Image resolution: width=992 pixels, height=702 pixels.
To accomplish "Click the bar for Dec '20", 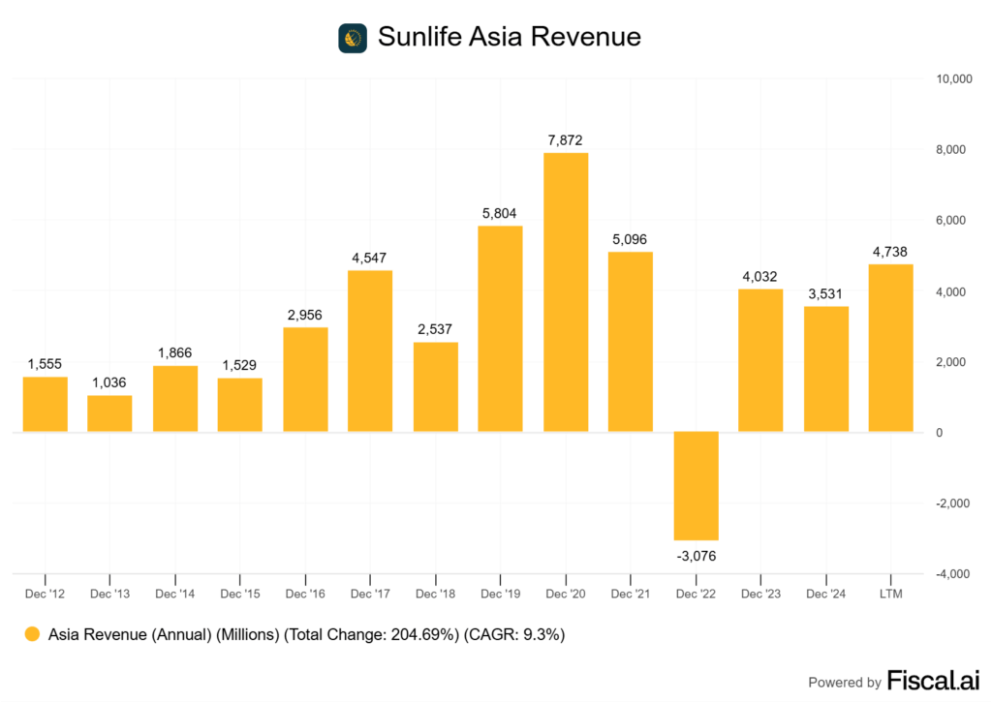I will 566,292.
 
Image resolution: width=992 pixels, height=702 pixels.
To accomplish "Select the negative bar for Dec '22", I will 696,486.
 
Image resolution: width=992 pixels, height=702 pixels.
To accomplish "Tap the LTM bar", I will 890,348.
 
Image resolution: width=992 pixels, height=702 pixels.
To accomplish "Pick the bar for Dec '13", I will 109,413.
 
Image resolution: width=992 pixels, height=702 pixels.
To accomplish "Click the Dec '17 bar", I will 370,351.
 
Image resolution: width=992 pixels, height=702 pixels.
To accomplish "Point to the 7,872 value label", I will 566,140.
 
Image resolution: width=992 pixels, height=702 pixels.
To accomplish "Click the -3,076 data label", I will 696,556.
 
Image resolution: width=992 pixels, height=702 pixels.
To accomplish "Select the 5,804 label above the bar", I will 500,213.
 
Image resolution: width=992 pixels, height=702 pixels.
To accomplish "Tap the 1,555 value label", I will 45,363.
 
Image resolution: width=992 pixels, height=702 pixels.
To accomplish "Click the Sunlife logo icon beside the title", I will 352,38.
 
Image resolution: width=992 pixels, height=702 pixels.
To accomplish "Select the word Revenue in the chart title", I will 592,37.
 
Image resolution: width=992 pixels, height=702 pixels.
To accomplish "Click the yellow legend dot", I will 32,635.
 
